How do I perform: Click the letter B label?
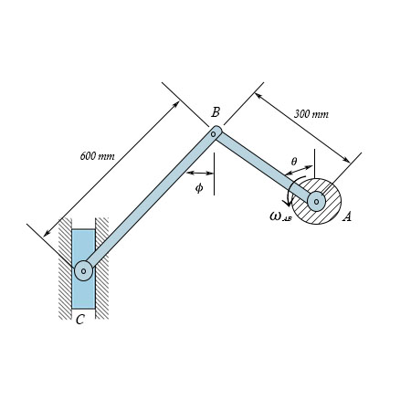216,111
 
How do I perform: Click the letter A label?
346,216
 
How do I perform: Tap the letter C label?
80,320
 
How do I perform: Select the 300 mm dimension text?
311,114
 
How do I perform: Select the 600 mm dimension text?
97,156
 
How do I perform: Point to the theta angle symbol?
293,162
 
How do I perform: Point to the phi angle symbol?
199,187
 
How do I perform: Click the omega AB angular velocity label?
279,216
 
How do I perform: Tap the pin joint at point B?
214,133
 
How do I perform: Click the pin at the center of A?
316,202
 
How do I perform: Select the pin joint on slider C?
83,269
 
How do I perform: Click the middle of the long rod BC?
149,202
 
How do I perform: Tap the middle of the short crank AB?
265,167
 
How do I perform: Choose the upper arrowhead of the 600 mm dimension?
179,101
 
